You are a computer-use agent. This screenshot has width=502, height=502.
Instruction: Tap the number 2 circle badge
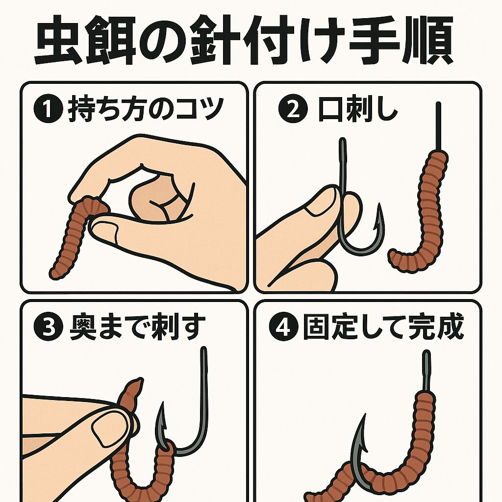(x=289, y=111)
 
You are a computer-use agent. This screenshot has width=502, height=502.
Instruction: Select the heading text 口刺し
(x=358, y=111)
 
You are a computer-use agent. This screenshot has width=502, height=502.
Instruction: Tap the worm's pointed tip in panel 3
(x=139, y=380)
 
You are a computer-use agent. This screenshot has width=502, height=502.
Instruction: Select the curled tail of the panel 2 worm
(x=395, y=256)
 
